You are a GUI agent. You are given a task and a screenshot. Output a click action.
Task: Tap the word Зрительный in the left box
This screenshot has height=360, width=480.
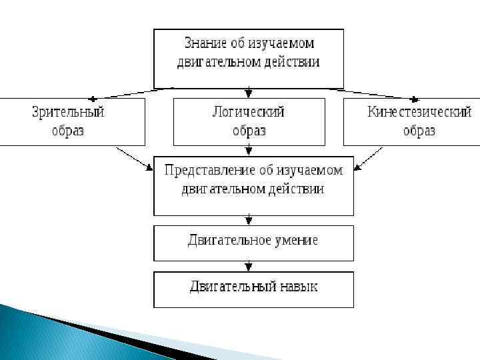pos(69,112)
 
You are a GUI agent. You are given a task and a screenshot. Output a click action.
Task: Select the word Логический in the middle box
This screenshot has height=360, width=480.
pos(249,112)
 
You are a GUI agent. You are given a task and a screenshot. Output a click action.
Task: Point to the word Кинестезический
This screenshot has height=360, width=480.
pos(419,112)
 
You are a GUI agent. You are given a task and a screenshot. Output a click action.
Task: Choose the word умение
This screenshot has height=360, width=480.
pos(296,240)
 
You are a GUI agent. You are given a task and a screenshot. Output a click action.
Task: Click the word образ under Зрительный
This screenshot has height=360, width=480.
pos(69,131)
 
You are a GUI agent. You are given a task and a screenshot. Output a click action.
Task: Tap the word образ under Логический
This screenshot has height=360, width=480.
pos(249,131)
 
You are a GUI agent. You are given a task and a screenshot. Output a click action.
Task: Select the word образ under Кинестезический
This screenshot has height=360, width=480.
pos(419,131)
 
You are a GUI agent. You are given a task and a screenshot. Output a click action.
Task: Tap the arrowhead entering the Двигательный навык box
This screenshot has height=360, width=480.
pos(249,267)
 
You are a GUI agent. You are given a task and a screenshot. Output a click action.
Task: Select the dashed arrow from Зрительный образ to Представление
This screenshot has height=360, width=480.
pos(133,157)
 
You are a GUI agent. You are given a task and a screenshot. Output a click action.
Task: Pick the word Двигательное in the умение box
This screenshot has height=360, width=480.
pos(229,240)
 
